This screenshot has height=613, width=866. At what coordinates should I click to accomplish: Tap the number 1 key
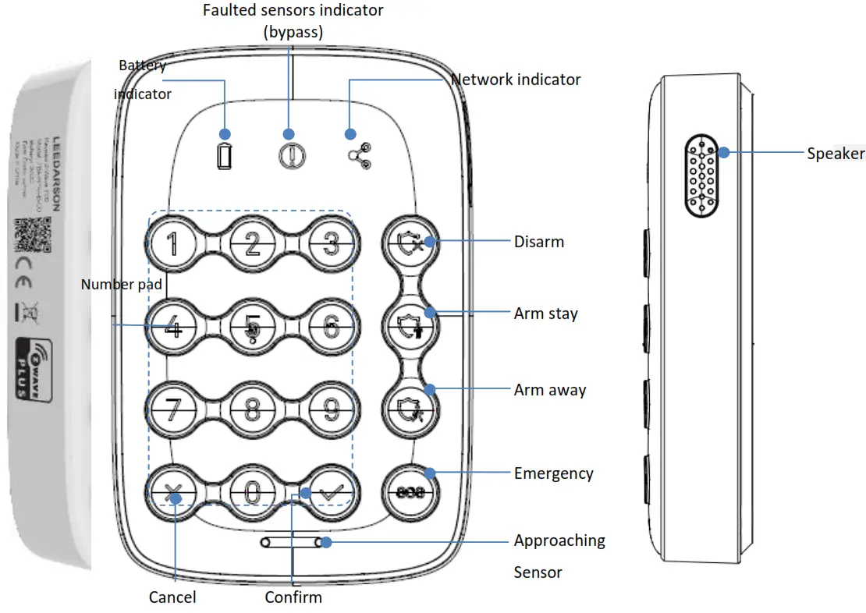point(172,243)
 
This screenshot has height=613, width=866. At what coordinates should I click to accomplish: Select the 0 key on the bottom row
point(251,492)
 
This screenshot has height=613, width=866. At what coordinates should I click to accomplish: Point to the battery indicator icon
point(225,158)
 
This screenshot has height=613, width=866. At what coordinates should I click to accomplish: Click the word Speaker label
point(835,154)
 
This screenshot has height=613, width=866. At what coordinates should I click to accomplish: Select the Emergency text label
point(553,473)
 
